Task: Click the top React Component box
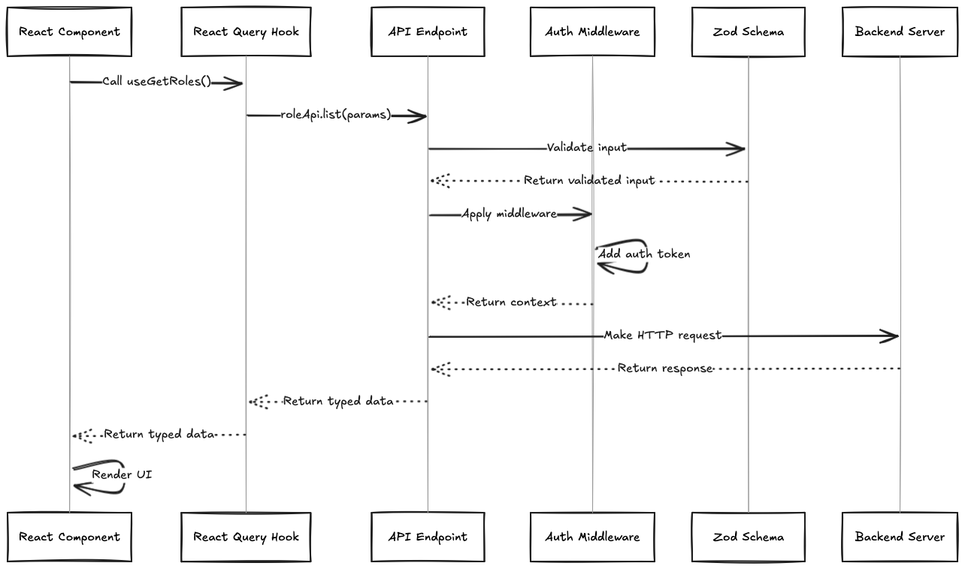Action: (x=69, y=32)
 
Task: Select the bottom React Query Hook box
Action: (x=246, y=537)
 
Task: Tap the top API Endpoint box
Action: (x=428, y=32)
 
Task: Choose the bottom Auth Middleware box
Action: (x=592, y=537)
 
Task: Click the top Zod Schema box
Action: (x=748, y=32)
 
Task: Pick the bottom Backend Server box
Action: (x=900, y=537)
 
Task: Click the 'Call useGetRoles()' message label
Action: (x=156, y=81)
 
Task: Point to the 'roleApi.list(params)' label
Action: (x=336, y=115)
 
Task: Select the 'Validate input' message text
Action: (x=586, y=148)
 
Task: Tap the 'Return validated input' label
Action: (x=589, y=181)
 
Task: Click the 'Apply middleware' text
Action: (x=510, y=214)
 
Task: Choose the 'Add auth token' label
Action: (x=644, y=254)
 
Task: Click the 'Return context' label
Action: (x=511, y=303)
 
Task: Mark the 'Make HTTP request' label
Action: (x=662, y=336)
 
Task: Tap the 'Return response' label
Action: (x=664, y=369)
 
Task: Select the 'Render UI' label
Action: (x=122, y=475)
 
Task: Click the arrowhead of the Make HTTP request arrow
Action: (x=891, y=336)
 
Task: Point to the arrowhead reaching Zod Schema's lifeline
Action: (x=737, y=149)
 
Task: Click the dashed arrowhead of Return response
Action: (x=440, y=369)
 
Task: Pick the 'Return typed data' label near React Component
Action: (x=159, y=435)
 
